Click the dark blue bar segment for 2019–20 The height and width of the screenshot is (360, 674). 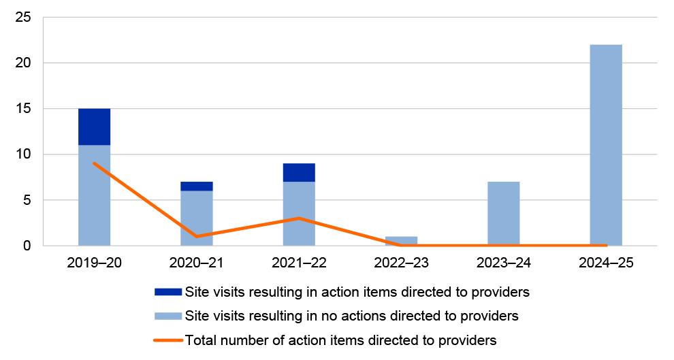(94, 127)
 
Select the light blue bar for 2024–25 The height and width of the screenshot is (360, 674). (605, 145)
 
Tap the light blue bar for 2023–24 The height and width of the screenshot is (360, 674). (503, 214)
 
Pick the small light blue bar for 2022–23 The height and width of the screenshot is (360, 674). (401, 241)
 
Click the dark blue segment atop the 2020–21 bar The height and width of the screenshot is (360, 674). (196, 186)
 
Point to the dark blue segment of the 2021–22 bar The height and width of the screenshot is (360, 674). (299, 173)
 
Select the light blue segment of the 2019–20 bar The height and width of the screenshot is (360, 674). (94, 195)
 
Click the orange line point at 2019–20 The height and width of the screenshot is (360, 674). (94, 163)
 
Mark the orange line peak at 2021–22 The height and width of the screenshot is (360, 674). (299, 218)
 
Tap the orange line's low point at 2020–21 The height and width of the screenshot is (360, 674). (196, 236)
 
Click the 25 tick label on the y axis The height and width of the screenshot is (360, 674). (24, 17)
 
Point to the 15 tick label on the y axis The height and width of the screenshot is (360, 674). (24, 109)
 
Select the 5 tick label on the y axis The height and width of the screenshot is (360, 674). (27, 200)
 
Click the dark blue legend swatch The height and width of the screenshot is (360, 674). (168, 292)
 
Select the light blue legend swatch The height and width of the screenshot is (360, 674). (168, 316)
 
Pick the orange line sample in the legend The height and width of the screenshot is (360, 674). (168, 340)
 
